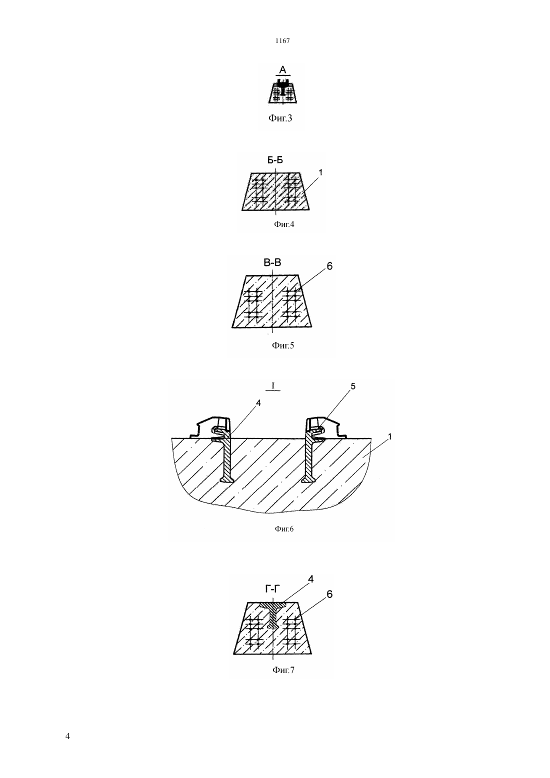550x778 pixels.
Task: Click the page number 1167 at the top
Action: pos(282,40)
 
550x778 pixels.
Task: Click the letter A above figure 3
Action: pos(282,70)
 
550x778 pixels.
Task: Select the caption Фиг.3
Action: pos(280,118)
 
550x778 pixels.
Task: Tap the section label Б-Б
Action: pos(274,160)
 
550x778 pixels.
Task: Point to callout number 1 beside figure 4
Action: pos(320,172)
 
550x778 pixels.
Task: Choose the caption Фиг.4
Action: pos(284,224)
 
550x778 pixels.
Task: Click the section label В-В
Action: pos(272,263)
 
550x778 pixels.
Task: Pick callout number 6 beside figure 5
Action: pos(329,266)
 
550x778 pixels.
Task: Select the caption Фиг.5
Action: pos(282,345)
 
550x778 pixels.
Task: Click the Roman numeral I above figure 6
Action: pos(273,385)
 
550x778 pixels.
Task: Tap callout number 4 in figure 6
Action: pos(258,403)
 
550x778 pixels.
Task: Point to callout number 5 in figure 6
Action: pos(353,386)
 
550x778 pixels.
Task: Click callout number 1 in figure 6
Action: pos(389,436)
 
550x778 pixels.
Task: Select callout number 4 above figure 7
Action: pos(311,579)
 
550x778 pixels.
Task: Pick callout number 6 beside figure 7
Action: pos(329,594)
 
